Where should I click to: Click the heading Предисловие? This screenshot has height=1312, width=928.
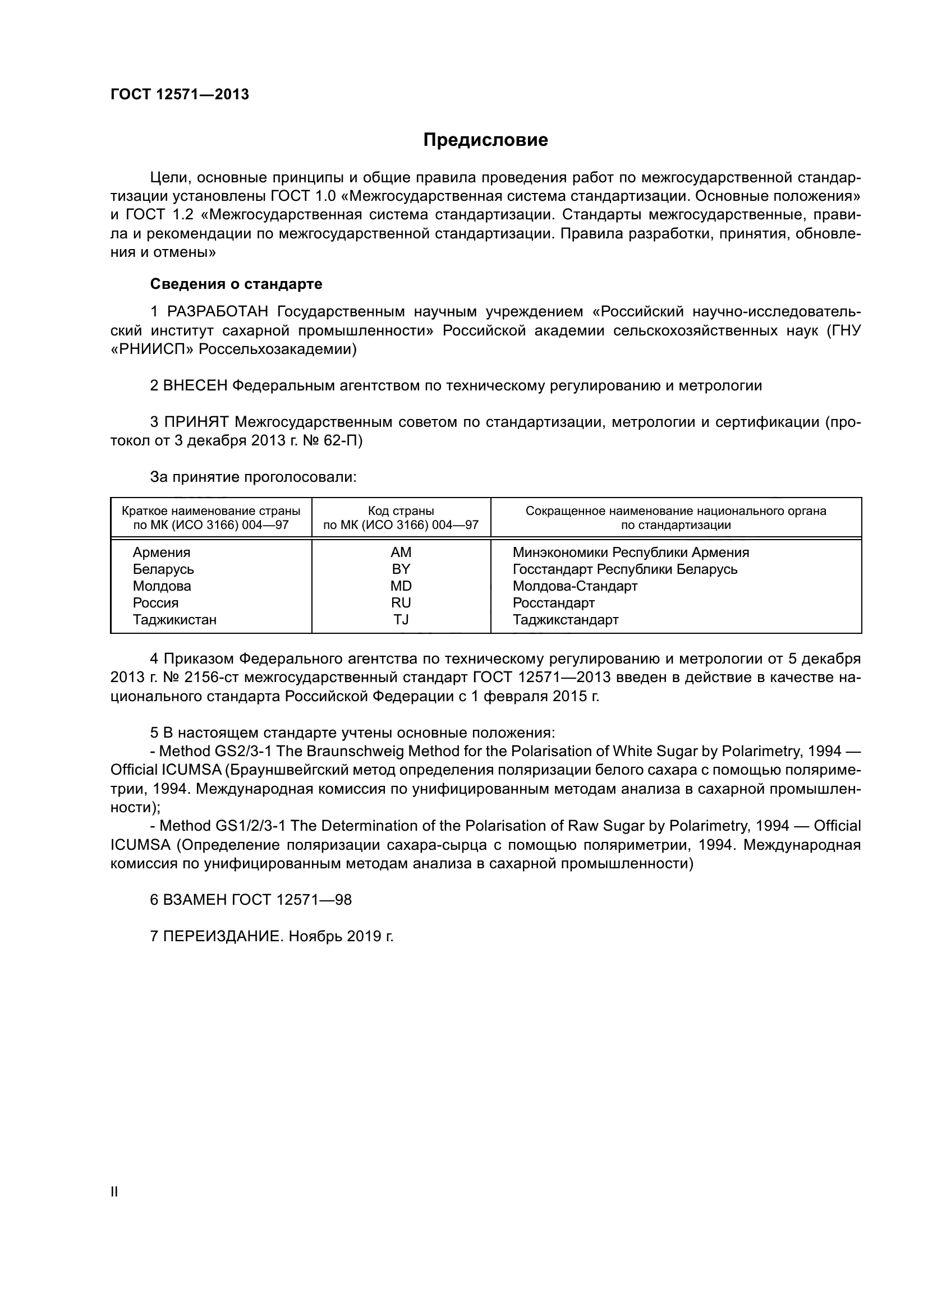[x=485, y=140]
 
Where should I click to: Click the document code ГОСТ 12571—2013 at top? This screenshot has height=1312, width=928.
[x=180, y=95]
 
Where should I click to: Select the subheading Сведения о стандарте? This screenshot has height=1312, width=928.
[x=236, y=284]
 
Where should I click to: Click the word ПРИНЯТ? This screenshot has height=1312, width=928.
[x=196, y=422]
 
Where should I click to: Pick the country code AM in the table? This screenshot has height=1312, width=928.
[x=401, y=553]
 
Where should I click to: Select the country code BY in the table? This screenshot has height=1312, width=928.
[x=401, y=569]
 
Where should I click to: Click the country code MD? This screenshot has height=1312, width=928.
[x=401, y=586]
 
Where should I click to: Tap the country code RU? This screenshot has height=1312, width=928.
[x=401, y=603]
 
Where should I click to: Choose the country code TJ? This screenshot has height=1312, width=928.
[x=401, y=619]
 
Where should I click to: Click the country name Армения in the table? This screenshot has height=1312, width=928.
[x=162, y=553]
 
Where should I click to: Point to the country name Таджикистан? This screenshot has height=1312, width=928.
[x=175, y=619]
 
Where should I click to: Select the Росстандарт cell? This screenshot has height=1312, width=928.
[x=554, y=603]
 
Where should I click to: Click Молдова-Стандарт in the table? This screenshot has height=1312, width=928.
[x=575, y=586]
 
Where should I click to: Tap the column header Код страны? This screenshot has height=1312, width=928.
[x=401, y=511]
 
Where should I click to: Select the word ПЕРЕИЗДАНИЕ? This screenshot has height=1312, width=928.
[x=223, y=937]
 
